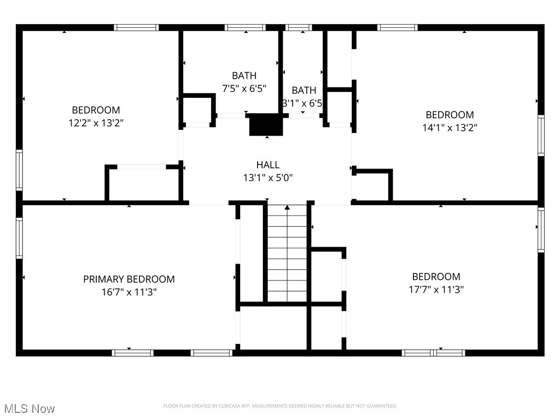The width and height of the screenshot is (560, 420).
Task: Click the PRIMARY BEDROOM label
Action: pos(129,279)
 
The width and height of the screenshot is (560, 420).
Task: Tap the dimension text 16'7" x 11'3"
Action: pos(129,292)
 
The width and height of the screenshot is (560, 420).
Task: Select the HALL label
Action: pos(268,165)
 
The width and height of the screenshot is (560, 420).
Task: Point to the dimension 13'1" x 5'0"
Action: pos(268,178)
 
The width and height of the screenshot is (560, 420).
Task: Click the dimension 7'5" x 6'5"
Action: pos(244,88)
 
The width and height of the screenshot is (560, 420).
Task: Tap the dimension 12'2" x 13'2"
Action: pos(96,123)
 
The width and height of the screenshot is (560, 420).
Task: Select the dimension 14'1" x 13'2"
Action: pos(450,128)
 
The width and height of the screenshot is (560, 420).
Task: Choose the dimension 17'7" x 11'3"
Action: pos(436,289)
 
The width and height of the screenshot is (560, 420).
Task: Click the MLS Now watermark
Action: pos(29,409)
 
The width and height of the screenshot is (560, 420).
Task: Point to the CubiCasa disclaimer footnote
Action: pos(280,406)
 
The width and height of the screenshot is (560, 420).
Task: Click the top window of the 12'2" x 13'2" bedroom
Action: pos(136,27)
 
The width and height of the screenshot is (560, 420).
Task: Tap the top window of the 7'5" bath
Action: pos(245,27)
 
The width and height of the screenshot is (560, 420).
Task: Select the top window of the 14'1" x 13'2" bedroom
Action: pos(398,27)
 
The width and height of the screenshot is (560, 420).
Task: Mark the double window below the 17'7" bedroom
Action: pos(433,353)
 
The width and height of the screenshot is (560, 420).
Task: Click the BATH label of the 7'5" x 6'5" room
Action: pos(244,75)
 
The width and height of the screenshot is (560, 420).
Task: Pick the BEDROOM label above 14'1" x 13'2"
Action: pos(450,115)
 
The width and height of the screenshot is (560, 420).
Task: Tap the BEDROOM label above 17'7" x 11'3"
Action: pos(436,276)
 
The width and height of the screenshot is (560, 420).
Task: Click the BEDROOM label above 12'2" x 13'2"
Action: pos(96,110)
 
